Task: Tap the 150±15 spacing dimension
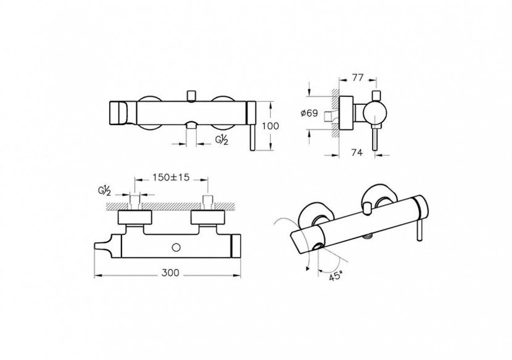click(x=171, y=177)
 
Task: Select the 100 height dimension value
click(x=271, y=125)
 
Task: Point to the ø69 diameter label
click(x=310, y=113)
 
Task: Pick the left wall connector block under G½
click(x=134, y=218)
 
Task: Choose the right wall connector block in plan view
click(x=207, y=218)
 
